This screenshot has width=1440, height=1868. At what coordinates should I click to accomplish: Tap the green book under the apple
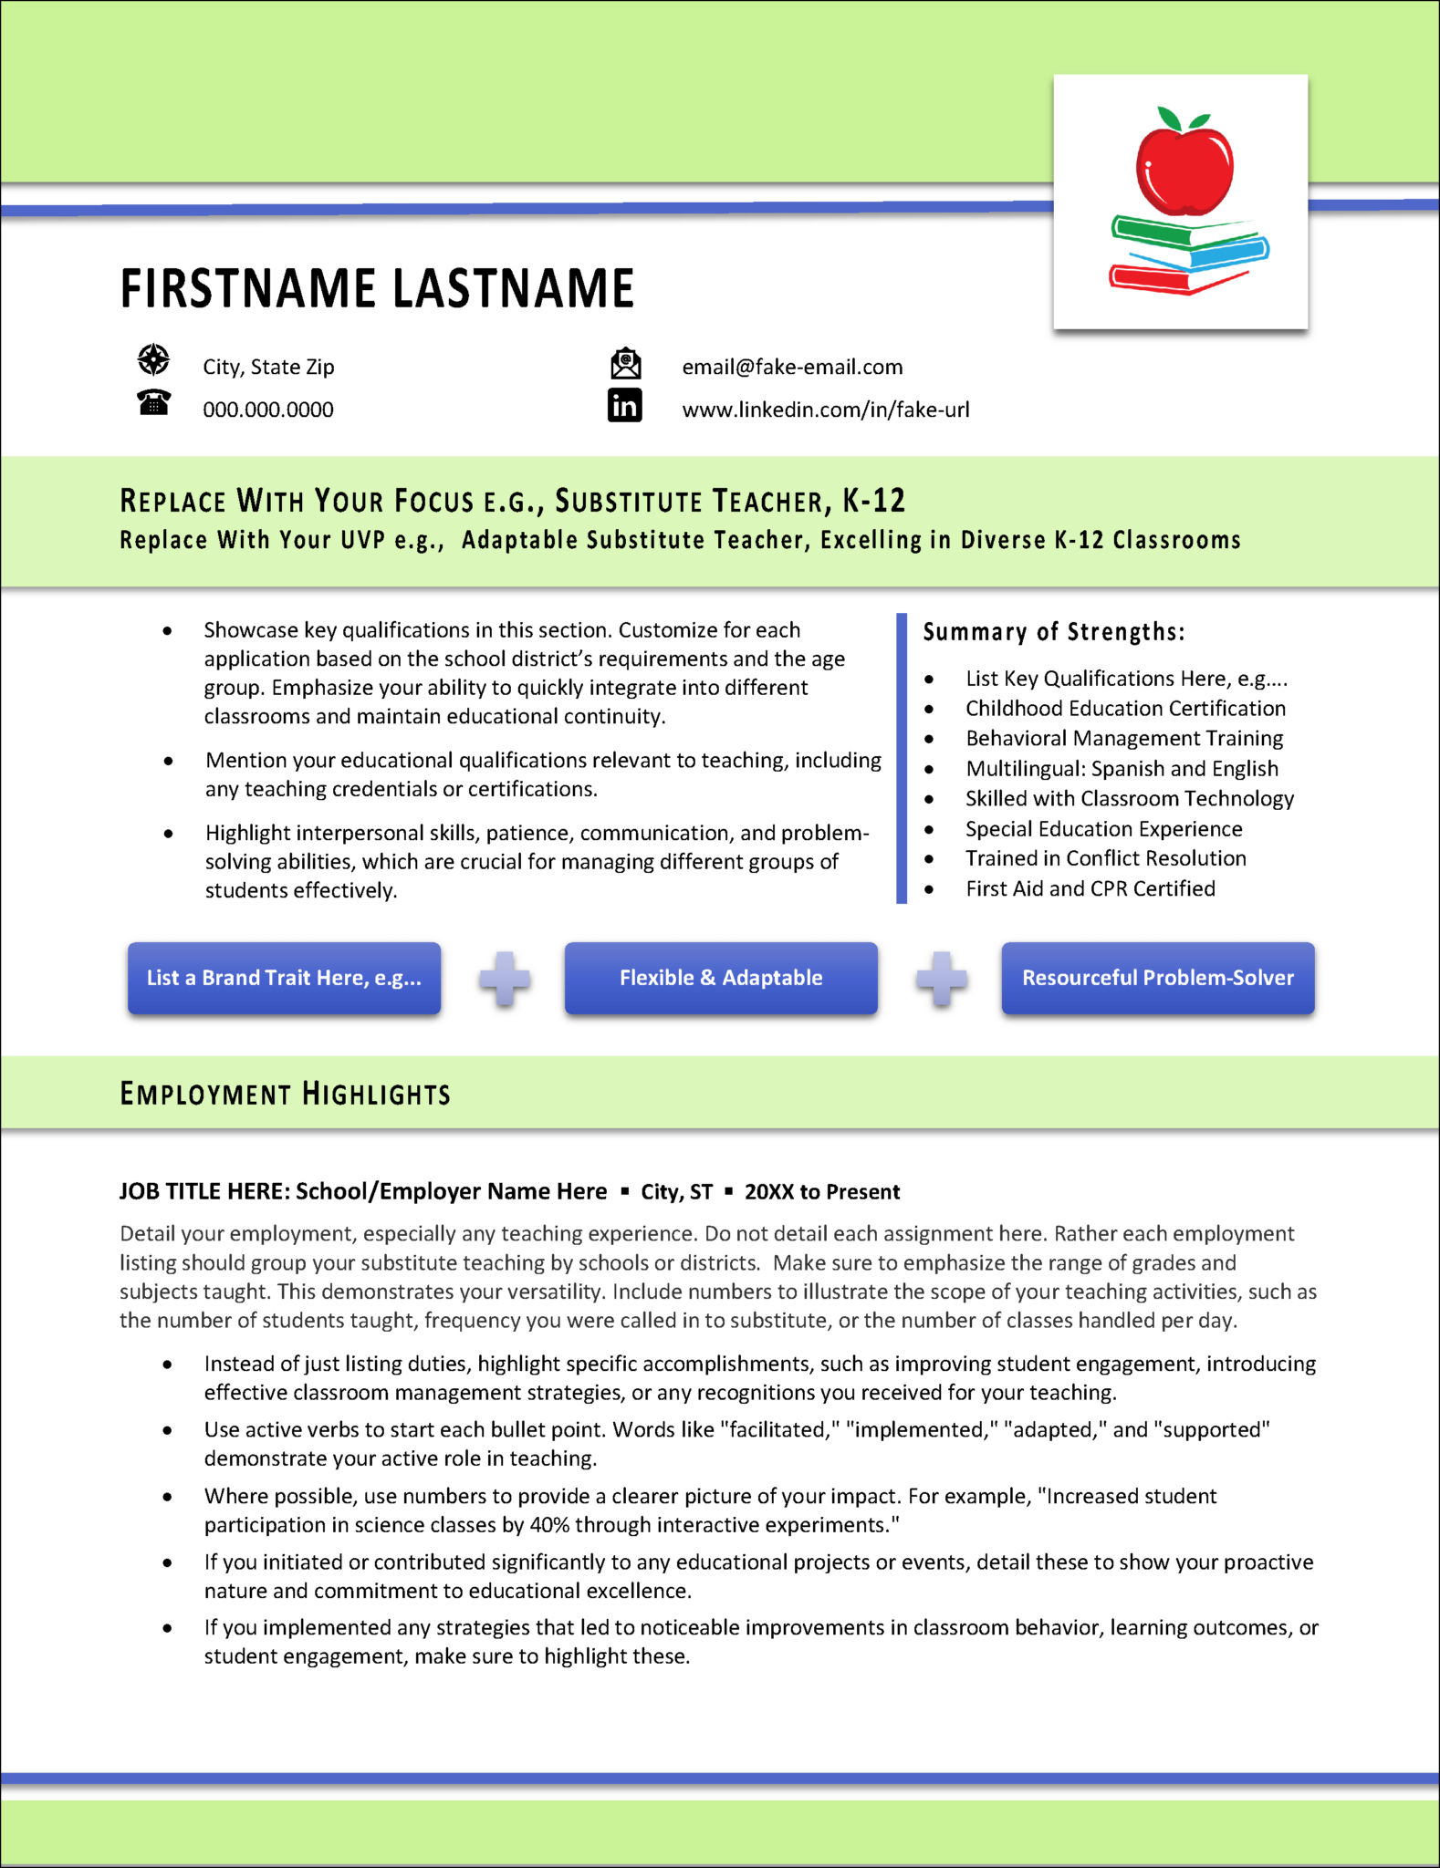pos(1154,232)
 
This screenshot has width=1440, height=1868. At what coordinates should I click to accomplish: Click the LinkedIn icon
pos(625,406)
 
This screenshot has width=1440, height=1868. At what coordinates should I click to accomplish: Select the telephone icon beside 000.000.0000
pos(153,402)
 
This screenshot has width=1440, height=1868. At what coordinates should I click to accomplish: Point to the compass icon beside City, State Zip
pos(153,360)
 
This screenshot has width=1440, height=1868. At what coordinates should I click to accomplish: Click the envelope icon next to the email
pos(625,364)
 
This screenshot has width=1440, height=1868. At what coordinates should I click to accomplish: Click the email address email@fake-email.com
pos(792,367)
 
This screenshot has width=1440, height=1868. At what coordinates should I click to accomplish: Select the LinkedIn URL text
pos(825,410)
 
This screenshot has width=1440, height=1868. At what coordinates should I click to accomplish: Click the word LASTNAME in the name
pos(513,288)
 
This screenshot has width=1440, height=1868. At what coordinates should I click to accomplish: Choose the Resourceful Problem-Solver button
pos(1157,978)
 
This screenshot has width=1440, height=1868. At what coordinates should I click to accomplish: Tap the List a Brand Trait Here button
pos(284,978)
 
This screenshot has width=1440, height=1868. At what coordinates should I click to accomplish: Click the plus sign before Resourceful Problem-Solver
pos(941,979)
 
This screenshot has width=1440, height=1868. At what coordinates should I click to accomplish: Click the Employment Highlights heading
pos(285,1094)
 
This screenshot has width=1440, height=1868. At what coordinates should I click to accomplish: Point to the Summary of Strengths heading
pos(1053,632)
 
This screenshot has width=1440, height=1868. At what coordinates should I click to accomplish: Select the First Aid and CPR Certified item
pos(1090,888)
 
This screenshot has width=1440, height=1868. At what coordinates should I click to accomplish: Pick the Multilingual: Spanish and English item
pos(1122,769)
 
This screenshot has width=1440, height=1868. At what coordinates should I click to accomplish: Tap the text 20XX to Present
pos(821,1192)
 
